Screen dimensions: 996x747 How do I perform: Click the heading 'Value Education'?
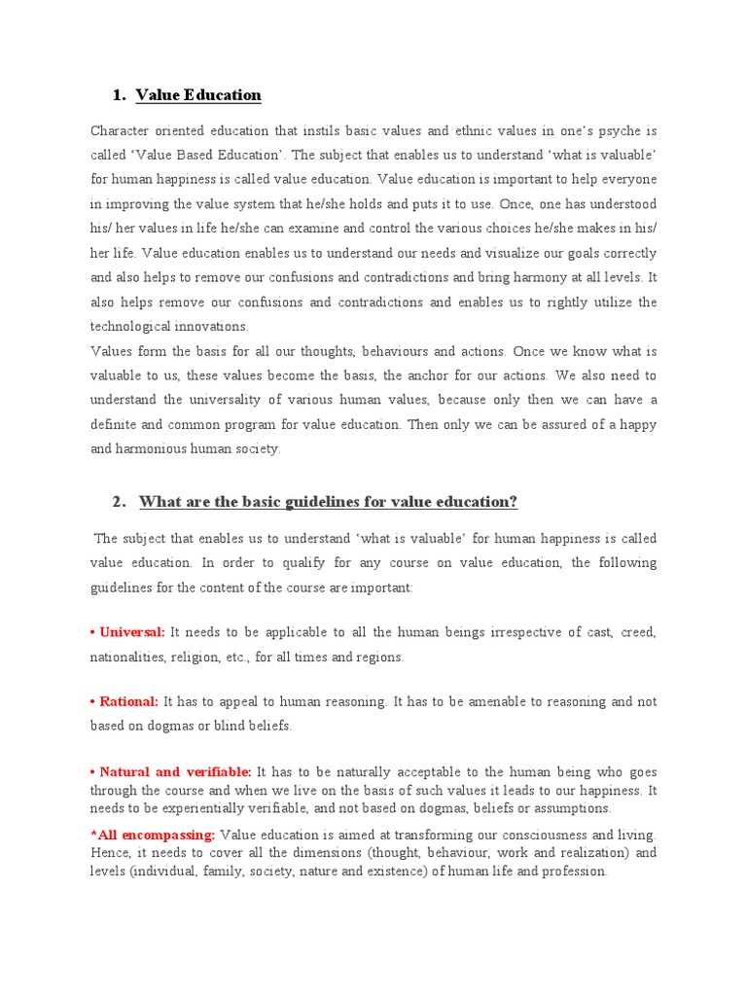[198, 95]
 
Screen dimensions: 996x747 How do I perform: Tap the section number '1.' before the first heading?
[120, 95]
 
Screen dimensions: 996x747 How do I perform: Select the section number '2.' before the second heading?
[120, 502]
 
